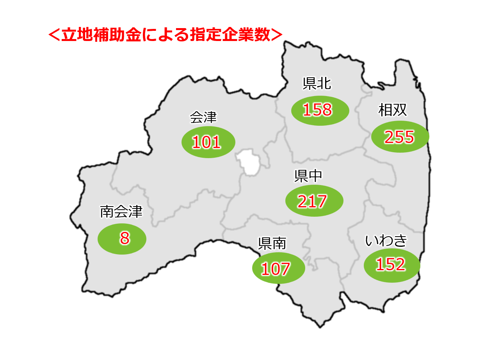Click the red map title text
(164, 35)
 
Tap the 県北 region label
(317, 84)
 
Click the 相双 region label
(393, 110)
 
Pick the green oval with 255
(400, 137)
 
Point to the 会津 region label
(203, 117)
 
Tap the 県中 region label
(308, 176)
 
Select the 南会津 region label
(121, 212)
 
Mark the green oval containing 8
(122, 239)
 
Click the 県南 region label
(272, 244)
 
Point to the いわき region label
(386, 241)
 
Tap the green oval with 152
(391, 266)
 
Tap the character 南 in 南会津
(107, 212)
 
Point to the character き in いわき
(400, 241)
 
